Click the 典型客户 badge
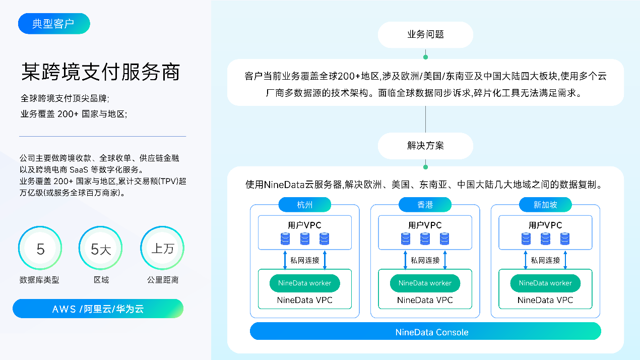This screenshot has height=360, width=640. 54,24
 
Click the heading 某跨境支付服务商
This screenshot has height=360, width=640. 101,72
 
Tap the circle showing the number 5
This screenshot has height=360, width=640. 40,248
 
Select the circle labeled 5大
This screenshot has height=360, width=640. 101,248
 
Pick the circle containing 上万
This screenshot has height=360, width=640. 162,248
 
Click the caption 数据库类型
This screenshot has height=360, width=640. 39,280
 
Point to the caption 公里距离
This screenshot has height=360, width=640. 163,280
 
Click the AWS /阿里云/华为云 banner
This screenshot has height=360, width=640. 98,309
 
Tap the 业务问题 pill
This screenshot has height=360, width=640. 425,35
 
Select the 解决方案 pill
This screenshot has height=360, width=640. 425,146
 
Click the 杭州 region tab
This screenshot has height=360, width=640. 305,205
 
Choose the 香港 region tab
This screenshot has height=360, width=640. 425,205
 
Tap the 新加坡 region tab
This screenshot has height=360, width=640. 545,205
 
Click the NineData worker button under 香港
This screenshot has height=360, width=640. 425,283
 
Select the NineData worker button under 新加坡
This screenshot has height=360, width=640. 545,283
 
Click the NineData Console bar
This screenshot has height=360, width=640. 425,331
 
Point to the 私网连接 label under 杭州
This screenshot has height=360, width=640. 305,260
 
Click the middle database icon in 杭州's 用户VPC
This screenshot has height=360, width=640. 305,239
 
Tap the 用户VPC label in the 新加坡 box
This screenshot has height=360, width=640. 545,225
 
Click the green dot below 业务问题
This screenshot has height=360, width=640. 425,57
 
